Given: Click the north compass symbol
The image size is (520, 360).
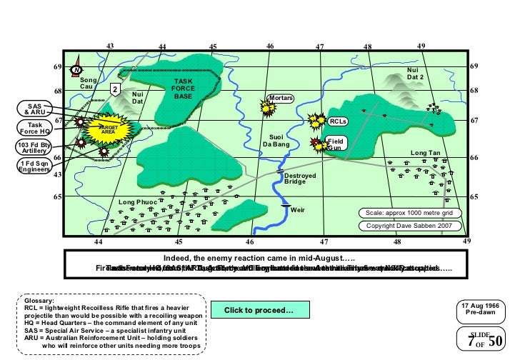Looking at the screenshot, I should (x=76, y=69).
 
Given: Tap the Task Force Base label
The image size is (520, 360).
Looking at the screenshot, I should (x=184, y=89).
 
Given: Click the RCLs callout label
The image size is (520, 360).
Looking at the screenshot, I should (x=338, y=121).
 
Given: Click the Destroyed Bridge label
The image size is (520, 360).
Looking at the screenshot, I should (x=294, y=179).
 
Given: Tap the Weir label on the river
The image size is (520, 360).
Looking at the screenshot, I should (x=298, y=209).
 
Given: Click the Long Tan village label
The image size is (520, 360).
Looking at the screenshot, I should (x=425, y=153).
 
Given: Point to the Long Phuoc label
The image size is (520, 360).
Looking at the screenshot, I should (x=136, y=201).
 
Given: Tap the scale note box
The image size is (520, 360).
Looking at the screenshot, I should (x=409, y=213).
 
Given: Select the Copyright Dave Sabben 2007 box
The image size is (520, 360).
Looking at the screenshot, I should (x=409, y=226).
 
